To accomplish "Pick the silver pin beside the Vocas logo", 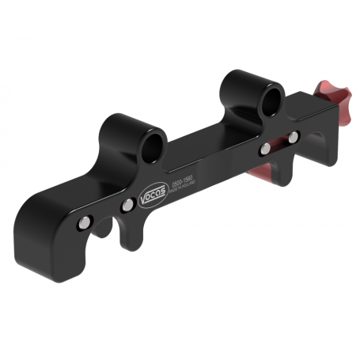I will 127,205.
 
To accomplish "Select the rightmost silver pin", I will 293,138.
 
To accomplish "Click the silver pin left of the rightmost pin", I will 266,148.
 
